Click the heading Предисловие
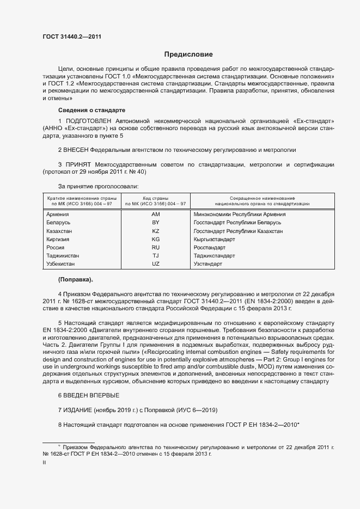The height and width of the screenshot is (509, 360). pos(189,54)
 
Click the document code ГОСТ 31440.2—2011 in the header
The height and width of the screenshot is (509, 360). pos(71,37)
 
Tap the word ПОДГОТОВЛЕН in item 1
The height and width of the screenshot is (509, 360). pos(88,120)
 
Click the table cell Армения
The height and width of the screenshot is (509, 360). pos(58,214)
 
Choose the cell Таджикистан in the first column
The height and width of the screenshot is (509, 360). pos(63,256)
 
